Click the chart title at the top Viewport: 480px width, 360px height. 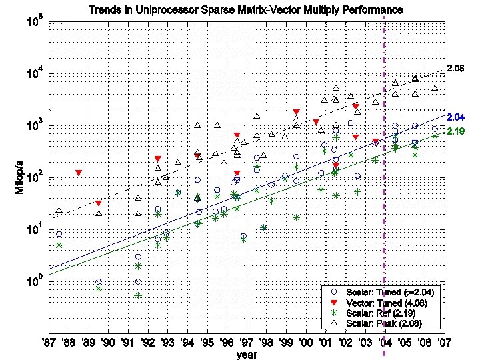pyautogui.click(x=247, y=10)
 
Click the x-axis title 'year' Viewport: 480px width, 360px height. pyautogui.click(x=246, y=355)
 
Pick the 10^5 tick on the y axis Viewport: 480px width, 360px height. pyautogui.click(x=33, y=23)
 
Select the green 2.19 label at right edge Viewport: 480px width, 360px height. pyautogui.click(x=455, y=132)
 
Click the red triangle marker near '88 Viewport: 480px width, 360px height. pyautogui.click(x=79, y=173)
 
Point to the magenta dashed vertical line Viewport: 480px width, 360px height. pyautogui.click(x=385, y=200)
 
